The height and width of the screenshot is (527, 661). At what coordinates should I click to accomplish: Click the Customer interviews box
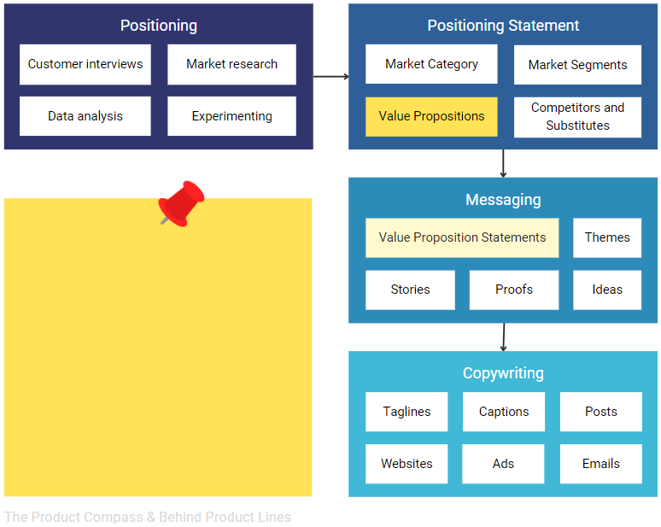pos(85,64)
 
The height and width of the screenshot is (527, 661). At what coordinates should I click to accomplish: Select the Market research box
pos(231,64)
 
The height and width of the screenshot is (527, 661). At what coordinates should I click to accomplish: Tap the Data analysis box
pos(85,116)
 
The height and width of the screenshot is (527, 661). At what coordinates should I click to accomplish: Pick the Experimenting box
pos(231,116)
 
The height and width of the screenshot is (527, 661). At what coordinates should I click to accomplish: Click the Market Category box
pos(431,64)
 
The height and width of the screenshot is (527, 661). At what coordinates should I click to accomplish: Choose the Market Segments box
pos(577,65)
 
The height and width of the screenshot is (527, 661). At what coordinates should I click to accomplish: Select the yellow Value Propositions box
pos(431,116)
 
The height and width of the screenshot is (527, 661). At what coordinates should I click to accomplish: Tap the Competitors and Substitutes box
pos(577,116)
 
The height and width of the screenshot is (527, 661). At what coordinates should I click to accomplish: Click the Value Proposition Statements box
pos(462,237)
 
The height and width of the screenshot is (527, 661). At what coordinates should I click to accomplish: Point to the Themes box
pos(607,237)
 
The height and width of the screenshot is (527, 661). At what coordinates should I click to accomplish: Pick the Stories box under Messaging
pos(410,290)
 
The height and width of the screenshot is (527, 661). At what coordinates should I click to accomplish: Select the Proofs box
pos(514,290)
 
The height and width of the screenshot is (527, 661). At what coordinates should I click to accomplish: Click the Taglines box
pos(407,412)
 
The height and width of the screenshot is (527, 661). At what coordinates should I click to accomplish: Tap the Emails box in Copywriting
pos(601,464)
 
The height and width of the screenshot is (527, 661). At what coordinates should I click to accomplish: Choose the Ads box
pos(503,464)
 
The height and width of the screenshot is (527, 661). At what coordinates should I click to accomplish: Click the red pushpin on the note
pos(181,202)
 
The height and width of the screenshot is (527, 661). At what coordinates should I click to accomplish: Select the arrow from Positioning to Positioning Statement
pos(330,77)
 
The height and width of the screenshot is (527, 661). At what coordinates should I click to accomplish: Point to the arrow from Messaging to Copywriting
pos(503,337)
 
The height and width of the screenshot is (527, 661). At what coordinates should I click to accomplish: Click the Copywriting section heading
pos(503,373)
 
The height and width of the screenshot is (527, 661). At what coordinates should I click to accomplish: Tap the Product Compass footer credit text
pos(148,517)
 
